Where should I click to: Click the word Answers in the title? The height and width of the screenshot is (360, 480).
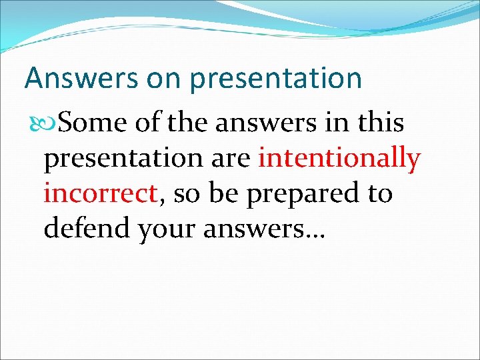tap(72, 79)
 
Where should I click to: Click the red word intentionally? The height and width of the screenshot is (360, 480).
tap(339, 159)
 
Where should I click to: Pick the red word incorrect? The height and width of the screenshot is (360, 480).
tap(100, 194)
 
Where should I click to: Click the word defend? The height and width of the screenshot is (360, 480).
tap(86, 229)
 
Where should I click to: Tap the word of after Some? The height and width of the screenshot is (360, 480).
tap(145, 123)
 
